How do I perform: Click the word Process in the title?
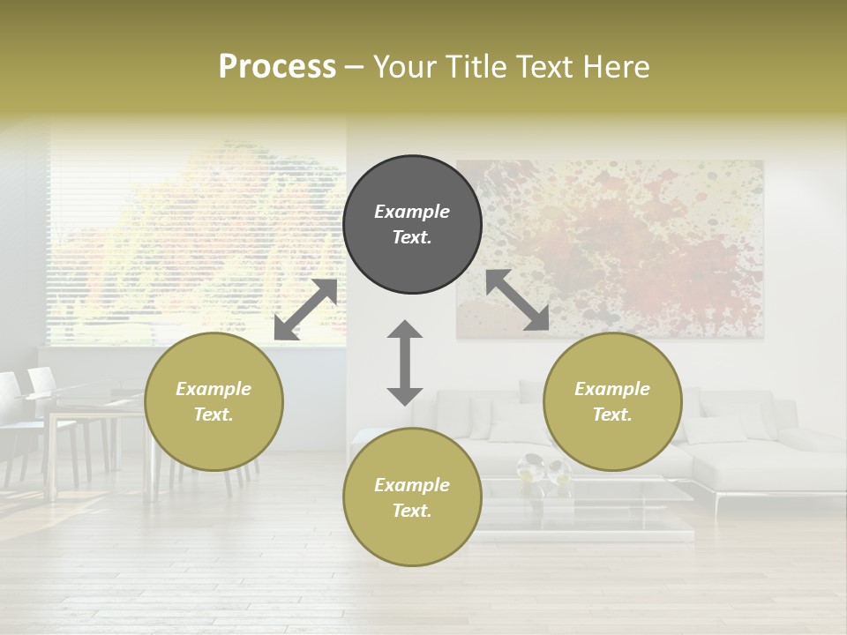[277, 67]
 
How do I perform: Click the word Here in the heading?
[618, 67]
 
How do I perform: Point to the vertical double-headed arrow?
[405, 363]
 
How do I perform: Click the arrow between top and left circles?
[305, 310]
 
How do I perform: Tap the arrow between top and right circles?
[517, 300]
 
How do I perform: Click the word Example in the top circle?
[412, 212]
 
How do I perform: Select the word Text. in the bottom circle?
[412, 511]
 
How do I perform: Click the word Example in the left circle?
[214, 389]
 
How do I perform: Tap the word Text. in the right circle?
[612, 415]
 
